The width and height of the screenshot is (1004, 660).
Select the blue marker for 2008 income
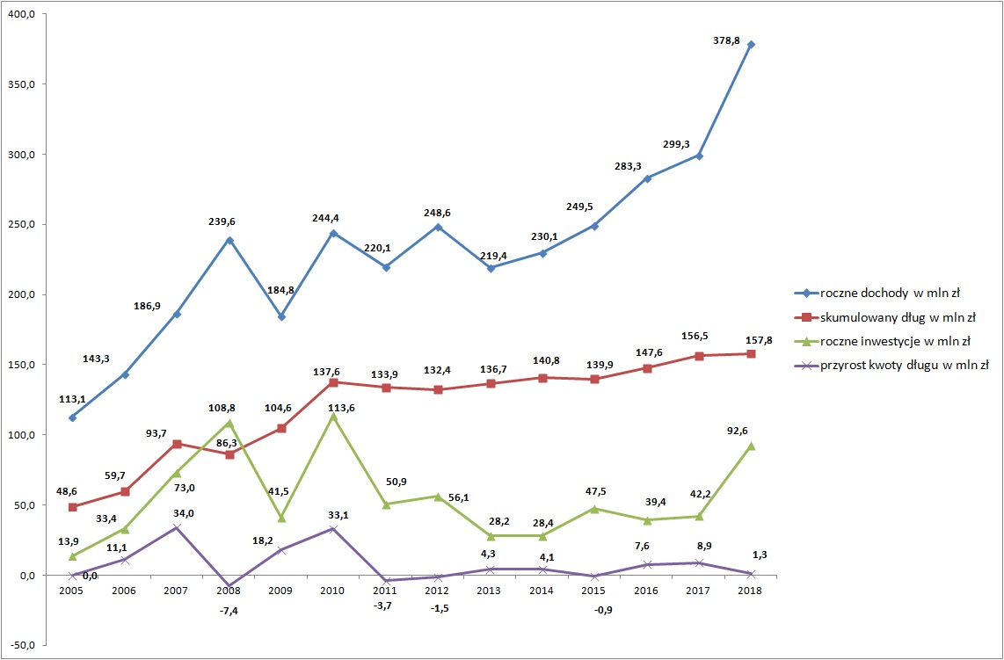point(229,240)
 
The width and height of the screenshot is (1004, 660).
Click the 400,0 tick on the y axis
point(20,15)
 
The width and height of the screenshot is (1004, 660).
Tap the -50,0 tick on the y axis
point(20,646)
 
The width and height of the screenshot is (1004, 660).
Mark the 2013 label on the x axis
point(491,591)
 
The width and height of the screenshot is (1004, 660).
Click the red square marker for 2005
point(72,507)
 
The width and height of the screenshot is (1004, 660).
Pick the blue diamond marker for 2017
point(699,156)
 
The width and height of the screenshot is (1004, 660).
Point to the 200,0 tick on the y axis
point(20,295)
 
